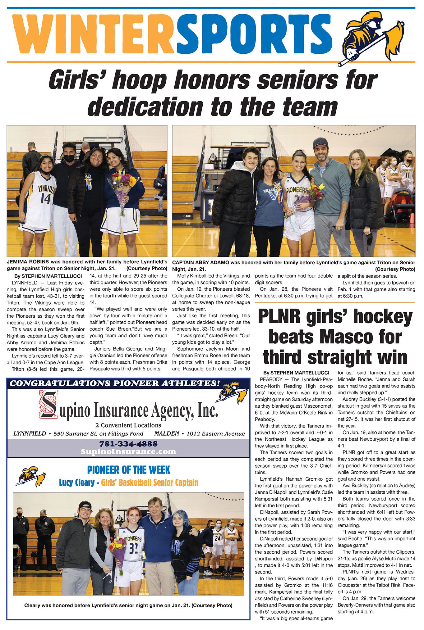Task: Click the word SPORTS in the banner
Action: (254, 34)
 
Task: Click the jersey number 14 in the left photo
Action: (45, 198)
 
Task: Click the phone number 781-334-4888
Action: (128, 444)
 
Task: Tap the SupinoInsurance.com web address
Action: (128, 452)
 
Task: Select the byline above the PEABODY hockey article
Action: (296, 373)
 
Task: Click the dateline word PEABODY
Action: (271, 379)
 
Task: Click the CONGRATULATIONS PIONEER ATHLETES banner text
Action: (115, 383)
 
